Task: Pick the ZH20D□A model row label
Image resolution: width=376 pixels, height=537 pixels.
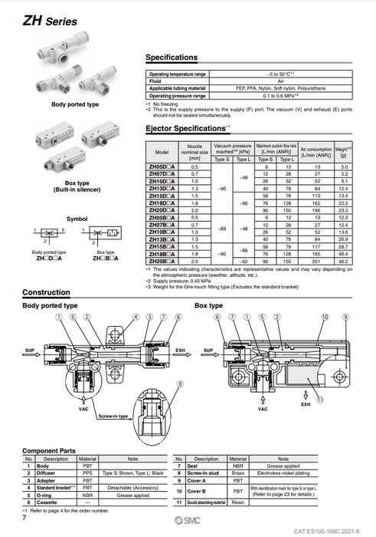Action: point(162,209)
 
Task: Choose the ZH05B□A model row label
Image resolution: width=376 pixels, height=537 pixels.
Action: point(162,216)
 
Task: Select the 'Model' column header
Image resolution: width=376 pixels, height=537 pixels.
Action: point(162,153)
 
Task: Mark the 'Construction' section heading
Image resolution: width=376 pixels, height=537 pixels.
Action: point(46,293)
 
